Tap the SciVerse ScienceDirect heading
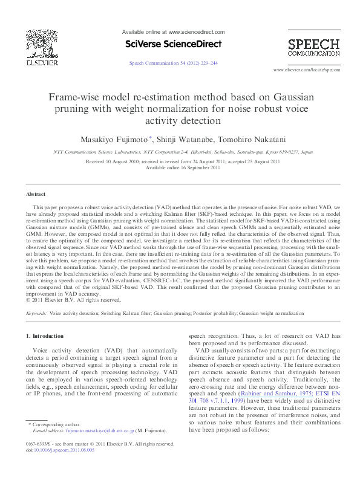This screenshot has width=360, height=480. [173, 44]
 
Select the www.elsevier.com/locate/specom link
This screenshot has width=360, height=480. [307, 70]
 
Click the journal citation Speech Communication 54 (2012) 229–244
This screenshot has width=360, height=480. [174, 63]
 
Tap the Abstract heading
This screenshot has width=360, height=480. [36, 194]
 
